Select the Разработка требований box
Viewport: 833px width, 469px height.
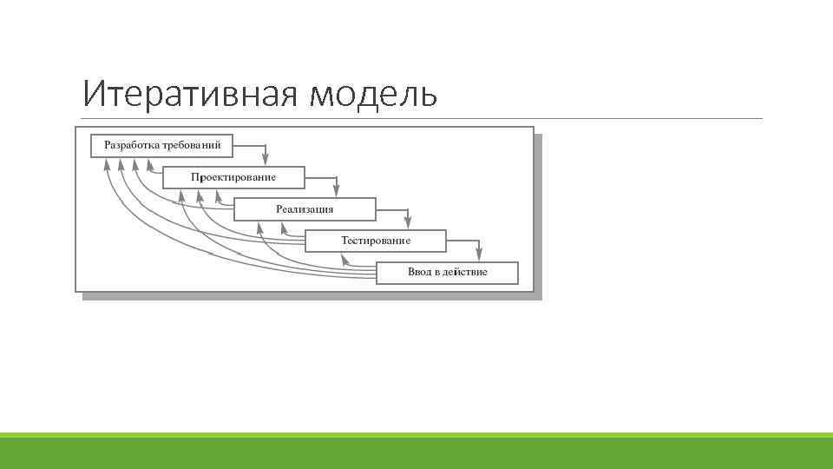coord(162,144)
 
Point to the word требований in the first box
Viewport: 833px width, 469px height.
coord(192,144)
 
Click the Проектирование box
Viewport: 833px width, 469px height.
coord(233,177)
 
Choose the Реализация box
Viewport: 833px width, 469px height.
coord(305,209)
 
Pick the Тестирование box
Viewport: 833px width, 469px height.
coord(376,241)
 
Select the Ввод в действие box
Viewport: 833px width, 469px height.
coord(447,273)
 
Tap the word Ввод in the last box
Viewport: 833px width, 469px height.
coord(419,273)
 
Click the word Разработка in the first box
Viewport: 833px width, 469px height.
coord(133,144)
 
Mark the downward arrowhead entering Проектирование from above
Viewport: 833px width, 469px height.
coord(266,161)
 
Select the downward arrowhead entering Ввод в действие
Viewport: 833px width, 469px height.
coord(480,256)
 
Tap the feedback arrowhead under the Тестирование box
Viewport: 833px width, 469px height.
coord(344,258)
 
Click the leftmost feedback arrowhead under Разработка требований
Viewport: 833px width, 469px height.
coord(107,164)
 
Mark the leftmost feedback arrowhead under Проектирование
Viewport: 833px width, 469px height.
coord(182,196)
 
